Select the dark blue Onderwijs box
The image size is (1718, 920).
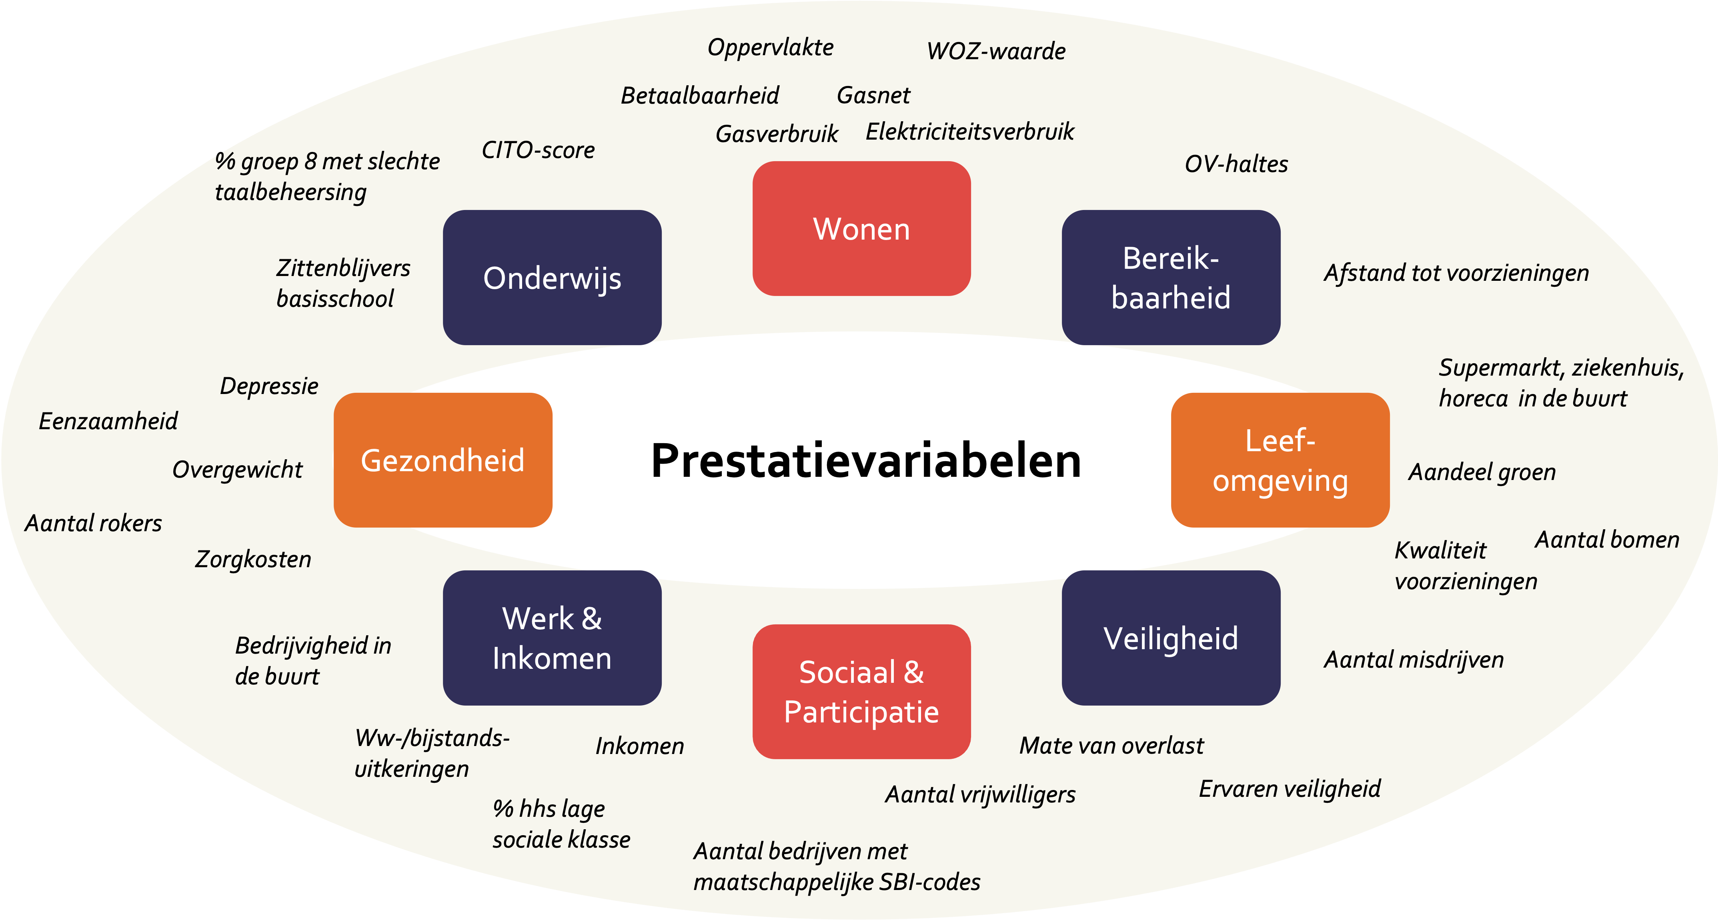tap(552, 277)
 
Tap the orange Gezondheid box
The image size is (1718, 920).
tap(443, 460)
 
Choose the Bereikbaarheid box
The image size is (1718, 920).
tap(1171, 277)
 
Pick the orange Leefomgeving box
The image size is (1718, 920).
tap(1280, 460)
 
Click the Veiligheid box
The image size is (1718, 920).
tap(1171, 638)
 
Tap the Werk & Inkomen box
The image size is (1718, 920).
tap(552, 638)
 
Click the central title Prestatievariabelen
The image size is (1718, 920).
tap(866, 461)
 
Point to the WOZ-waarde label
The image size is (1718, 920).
tap(996, 51)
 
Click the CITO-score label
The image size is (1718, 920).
tap(538, 150)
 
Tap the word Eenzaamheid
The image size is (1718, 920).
tap(108, 421)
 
